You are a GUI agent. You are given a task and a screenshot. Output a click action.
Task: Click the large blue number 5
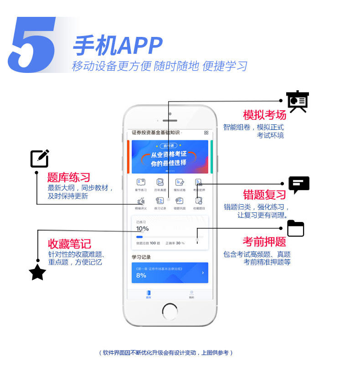click(x=32, y=45)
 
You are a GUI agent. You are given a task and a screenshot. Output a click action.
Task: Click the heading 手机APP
click(x=118, y=46)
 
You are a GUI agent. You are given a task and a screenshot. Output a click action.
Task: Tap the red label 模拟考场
click(x=264, y=114)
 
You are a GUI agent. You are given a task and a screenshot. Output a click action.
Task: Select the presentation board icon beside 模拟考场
click(x=298, y=101)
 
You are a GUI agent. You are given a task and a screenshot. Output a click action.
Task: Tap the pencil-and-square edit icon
click(x=40, y=159)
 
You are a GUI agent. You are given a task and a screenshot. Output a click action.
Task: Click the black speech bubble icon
click(x=299, y=185)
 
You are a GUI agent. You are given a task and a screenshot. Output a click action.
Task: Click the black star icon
click(x=37, y=273)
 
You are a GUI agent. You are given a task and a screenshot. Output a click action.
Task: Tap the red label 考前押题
click(x=264, y=242)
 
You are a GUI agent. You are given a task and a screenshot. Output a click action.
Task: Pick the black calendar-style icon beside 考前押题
click(x=295, y=228)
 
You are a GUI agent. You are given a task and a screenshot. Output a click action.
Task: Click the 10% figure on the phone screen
click(x=142, y=228)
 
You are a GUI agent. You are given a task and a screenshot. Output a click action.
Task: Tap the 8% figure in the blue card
click(x=141, y=275)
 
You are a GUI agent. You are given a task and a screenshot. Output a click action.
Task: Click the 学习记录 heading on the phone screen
click(x=141, y=257)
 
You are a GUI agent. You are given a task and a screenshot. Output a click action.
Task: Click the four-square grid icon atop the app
click(x=206, y=133)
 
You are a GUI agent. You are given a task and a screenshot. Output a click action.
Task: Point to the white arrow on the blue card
click(x=203, y=273)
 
